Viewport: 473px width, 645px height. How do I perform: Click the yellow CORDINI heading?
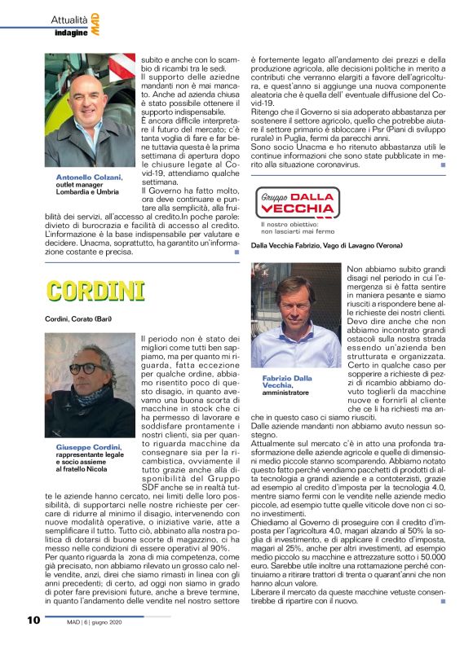click(95, 291)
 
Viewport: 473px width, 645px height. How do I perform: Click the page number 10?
click(33, 620)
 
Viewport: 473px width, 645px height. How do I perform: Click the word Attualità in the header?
click(73, 19)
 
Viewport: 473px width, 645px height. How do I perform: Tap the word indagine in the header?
click(71, 32)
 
